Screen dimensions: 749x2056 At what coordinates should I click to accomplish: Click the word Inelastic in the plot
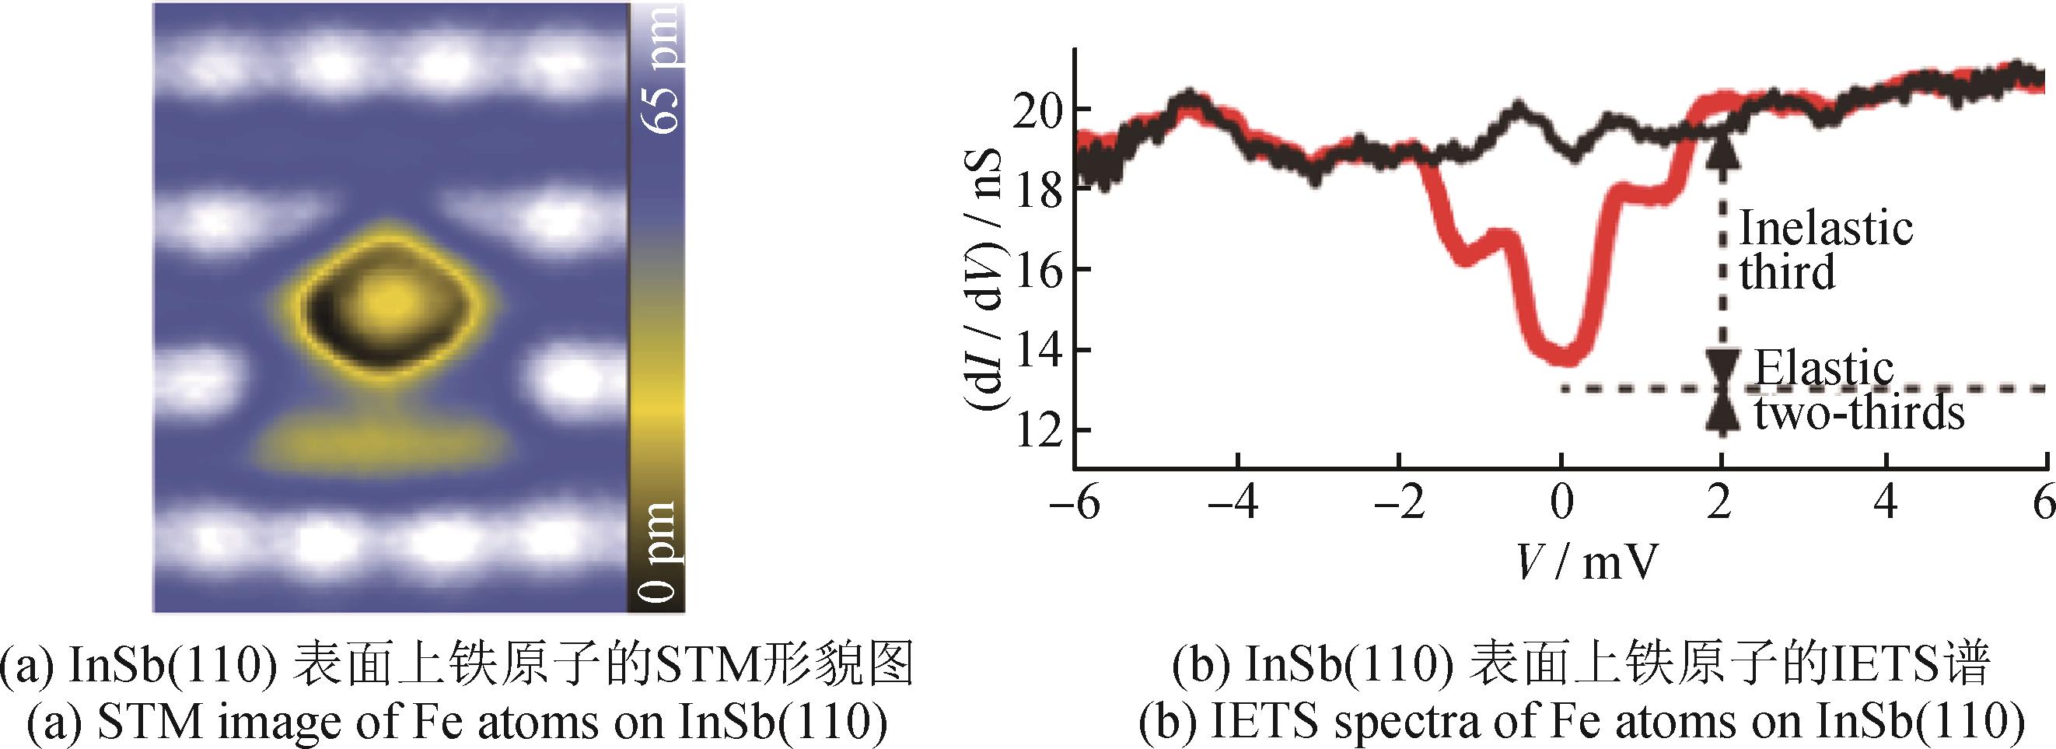click(x=1825, y=229)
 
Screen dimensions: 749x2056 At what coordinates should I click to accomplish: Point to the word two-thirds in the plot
click(x=1858, y=414)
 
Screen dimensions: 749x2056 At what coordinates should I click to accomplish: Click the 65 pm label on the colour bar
click(x=661, y=68)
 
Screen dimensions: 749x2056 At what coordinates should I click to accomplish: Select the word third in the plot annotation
click(x=1787, y=273)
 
